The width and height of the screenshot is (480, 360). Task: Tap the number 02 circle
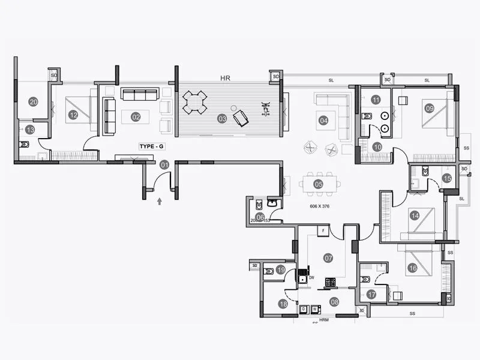136,117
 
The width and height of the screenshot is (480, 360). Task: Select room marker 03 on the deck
222,119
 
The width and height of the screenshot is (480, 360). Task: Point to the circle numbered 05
319,184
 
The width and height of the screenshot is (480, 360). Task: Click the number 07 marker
328,258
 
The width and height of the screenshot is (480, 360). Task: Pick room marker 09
430,109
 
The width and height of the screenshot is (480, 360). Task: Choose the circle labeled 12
73,115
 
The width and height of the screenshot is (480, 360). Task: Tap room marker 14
414,215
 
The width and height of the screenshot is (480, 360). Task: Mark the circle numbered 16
412,268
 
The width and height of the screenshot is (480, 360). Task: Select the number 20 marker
34,102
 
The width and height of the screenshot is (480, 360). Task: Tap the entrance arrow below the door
159,202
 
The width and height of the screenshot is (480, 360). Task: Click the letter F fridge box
323,230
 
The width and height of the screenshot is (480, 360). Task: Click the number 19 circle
280,271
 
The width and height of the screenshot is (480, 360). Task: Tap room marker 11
376,100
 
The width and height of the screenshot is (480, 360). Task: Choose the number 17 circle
371,294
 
